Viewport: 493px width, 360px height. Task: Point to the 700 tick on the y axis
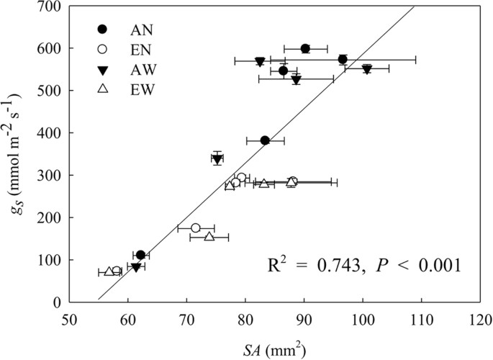[x=50, y=6]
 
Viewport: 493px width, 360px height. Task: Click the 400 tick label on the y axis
[x=50, y=133]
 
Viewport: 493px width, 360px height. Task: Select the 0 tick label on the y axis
[x=57, y=302]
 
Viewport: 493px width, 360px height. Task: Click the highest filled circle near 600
[x=305, y=48]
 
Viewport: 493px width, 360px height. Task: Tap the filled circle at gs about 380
[x=265, y=140]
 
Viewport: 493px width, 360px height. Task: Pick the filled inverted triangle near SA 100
[x=367, y=69]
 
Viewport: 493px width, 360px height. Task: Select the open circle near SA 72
[x=196, y=228]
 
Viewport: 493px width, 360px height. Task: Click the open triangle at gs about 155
[x=209, y=236]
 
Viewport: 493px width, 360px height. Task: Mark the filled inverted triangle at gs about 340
[x=217, y=159]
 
